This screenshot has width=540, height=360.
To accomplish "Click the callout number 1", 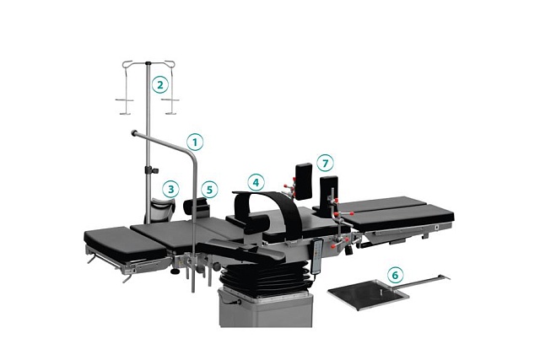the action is coord(195,142).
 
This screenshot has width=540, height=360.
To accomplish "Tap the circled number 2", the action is coord(160,84).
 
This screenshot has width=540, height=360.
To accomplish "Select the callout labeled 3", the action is coord(170,189).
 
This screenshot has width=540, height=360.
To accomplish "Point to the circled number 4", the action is coord(256,182).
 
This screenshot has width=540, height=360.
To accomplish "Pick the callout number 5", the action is coord(210,190).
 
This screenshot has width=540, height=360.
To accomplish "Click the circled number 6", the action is coord(395,275).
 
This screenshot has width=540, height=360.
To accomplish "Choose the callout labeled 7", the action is coord(326,163).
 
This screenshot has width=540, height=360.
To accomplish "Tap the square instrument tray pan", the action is coord(368,293).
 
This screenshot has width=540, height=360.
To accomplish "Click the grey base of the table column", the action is coord(266,309).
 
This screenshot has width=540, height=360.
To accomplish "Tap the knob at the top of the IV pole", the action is coord(148,63).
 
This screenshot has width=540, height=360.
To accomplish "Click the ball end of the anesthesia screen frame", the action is coord(133,133).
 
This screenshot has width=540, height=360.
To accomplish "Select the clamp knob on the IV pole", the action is coord(154,170).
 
